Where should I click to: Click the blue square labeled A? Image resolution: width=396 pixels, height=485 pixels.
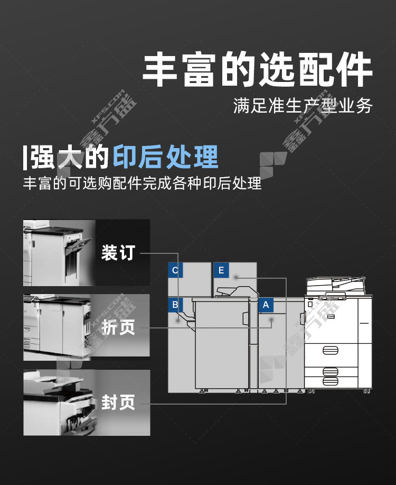coord(266,305)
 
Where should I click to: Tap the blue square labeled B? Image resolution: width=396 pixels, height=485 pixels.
coord(175,305)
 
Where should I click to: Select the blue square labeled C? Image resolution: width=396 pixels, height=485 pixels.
coord(175,270)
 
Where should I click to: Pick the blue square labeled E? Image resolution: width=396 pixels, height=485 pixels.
coord(221,270)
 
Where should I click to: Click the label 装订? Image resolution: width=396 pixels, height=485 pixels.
coord(118,252)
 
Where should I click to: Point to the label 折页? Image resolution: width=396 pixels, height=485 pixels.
coord(118,327)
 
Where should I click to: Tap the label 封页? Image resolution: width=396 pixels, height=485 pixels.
coord(118,402)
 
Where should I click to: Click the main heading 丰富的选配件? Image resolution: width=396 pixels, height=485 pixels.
coord(257,69)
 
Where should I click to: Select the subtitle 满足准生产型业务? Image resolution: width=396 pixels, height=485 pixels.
coord(303,106)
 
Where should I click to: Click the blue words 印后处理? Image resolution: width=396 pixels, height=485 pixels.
coord(166,157)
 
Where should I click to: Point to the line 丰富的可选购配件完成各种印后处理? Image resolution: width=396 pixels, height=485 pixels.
coord(143,183)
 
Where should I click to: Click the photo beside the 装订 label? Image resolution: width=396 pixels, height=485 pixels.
coord(59,253)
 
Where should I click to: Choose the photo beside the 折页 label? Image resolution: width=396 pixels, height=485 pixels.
coord(58,327)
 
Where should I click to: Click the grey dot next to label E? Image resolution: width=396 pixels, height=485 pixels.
coord(236,277)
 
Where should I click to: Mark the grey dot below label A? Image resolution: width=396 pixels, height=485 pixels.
coord(271,319)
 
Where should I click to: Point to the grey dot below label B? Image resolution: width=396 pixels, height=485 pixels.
coord(177,321)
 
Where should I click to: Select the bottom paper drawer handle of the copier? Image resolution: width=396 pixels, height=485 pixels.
coord(330,381)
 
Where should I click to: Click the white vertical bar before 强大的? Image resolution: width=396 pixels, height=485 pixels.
coord(25,158)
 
